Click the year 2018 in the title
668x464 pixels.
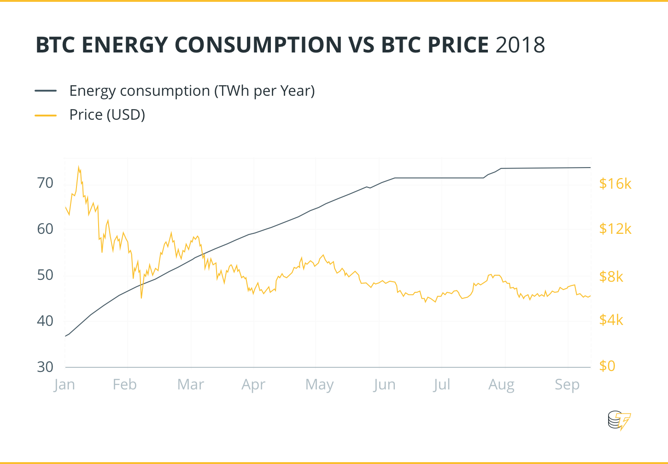[521, 45]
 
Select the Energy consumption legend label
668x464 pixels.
[192, 91]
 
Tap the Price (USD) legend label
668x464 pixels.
[107, 115]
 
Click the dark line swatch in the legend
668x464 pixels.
[46, 91]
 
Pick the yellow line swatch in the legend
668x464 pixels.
[46, 115]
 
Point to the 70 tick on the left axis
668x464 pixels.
[45, 183]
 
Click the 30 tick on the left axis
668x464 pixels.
[45, 367]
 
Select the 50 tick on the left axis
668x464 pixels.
[45, 275]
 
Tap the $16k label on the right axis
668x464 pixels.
[615, 184]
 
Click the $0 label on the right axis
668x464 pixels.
[607, 365]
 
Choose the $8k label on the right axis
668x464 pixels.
[611, 276]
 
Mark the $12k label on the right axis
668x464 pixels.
[615, 228]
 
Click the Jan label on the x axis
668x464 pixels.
[64, 384]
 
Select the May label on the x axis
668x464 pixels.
[319, 384]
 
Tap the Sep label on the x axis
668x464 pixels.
[567, 384]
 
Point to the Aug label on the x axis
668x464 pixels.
[501, 384]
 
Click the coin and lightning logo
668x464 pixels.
[619, 420]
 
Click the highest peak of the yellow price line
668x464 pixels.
[78, 167]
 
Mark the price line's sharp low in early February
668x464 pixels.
[141, 298]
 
